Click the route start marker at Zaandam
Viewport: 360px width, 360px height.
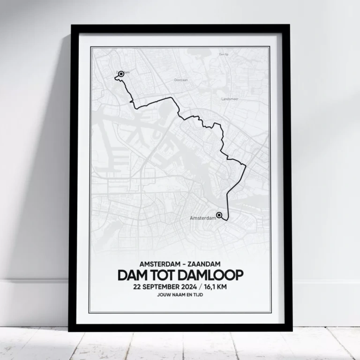pos(121,74)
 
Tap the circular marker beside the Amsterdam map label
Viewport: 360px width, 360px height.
pos(219,215)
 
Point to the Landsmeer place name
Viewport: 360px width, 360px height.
pos(231,99)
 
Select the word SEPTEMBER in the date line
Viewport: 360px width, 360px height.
pos(164,286)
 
